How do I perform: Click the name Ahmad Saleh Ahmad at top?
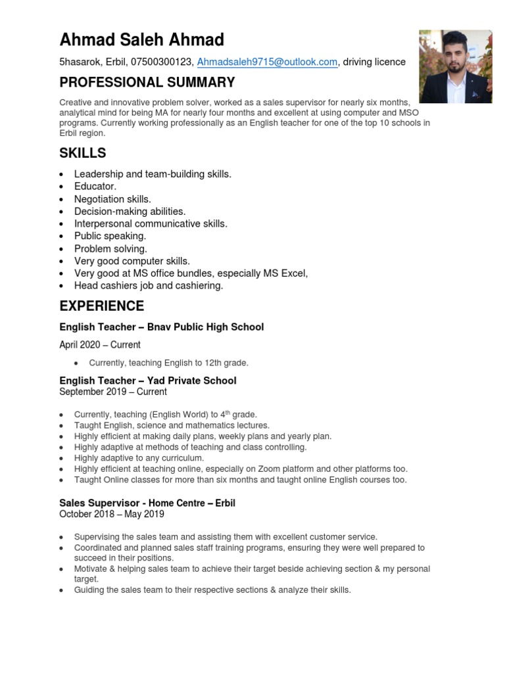tap(141, 40)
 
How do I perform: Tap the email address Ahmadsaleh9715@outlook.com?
tap(267, 62)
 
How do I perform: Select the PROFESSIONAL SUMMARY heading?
tap(147, 83)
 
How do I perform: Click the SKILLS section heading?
tap(82, 153)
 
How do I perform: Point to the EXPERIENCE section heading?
tap(101, 306)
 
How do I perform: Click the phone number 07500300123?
tap(161, 62)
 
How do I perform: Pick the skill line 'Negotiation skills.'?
tap(112, 199)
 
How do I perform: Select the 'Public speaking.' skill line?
tap(110, 236)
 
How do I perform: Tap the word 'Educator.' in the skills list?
tap(95, 187)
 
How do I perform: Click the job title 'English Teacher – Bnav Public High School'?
tap(161, 327)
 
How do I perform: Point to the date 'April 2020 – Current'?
tap(100, 345)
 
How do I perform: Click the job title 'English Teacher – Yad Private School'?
tap(147, 381)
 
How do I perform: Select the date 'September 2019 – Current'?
tap(113, 392)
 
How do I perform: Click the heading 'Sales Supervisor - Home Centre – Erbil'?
tap(147, 503)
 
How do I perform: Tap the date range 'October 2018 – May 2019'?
tap(112, 514)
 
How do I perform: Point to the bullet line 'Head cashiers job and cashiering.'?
tap(149, 286)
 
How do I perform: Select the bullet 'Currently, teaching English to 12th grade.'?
tap(168, 363)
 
